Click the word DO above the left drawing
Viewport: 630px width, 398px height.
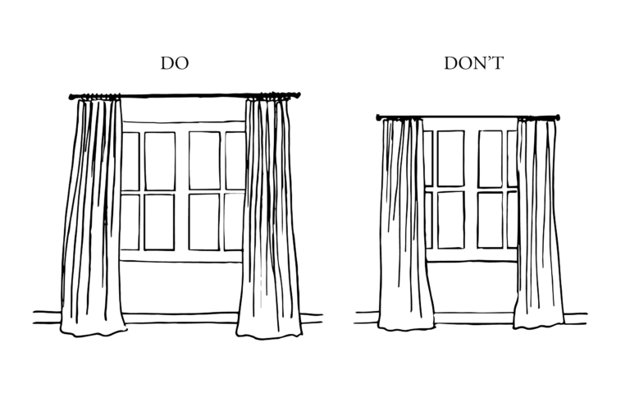tap(174, 63)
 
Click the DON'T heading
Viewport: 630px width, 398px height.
tap(473, 63)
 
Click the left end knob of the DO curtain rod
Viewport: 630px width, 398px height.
tap(71, 96)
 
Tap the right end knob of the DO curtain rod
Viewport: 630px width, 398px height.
tap(298, 95)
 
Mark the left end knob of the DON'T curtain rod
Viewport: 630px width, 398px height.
tap(380, 118)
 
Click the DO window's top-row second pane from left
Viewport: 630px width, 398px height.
tap(159, 161)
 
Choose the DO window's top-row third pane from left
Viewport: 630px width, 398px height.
tap(204, 161)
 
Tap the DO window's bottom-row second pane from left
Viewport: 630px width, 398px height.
tap(159, 222)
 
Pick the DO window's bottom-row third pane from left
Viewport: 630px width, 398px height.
tap(204, 222)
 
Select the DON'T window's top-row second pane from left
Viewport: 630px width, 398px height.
tap(450, 158)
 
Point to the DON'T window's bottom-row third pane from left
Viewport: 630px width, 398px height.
tap(490, 219)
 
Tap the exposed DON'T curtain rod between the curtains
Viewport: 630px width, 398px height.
tap(469, 117)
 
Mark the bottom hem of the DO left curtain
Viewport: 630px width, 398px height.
tap(93, 332)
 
